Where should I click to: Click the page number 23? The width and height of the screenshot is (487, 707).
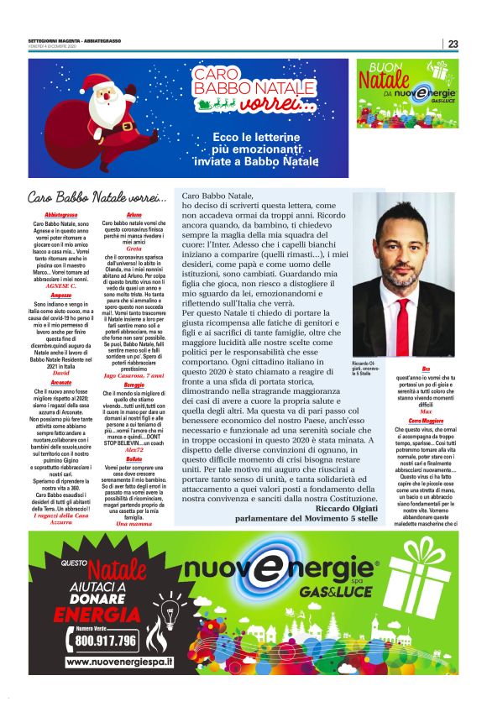pyautogui.click(x=453, y=44)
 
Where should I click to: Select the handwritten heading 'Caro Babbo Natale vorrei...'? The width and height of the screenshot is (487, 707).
pyautogui.click(x=97, y=198)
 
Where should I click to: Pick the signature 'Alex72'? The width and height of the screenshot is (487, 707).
pyautogui.click(x=134, y=450)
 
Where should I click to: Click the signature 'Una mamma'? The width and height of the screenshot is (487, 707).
pyautogui.click(x=134, y=523)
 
